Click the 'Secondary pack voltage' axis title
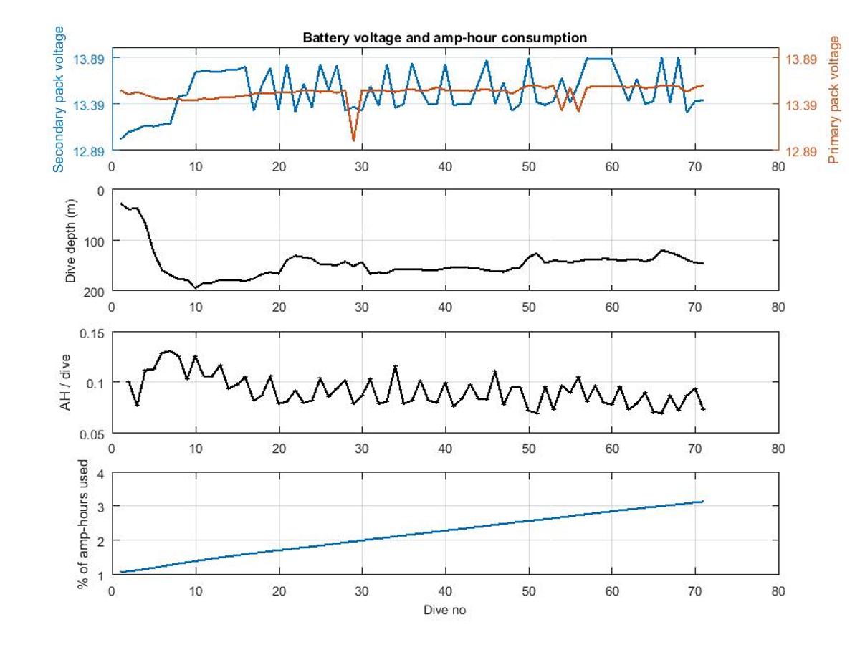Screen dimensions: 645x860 click(x=59, y=99)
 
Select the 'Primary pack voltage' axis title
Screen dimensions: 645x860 click(x=833, y=99)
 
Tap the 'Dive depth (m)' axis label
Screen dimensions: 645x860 click(x=70, y=240)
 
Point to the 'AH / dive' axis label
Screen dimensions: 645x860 click(x=65, y=383)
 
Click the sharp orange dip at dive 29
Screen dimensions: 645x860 click(x=353, y=140)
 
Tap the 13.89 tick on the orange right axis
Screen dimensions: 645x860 click(x=801, y=59)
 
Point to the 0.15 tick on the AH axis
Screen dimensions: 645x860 click(x=91, y=333)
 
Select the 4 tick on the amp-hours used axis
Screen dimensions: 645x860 click(x=101, y=474)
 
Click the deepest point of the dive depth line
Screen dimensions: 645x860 click(x=195, y=288)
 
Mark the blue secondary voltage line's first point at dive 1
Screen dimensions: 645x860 click(x=120, y=138)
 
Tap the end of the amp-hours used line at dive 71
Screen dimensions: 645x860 click(x=703, y=501)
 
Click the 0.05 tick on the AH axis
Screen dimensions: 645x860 click(x=91, y=434)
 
